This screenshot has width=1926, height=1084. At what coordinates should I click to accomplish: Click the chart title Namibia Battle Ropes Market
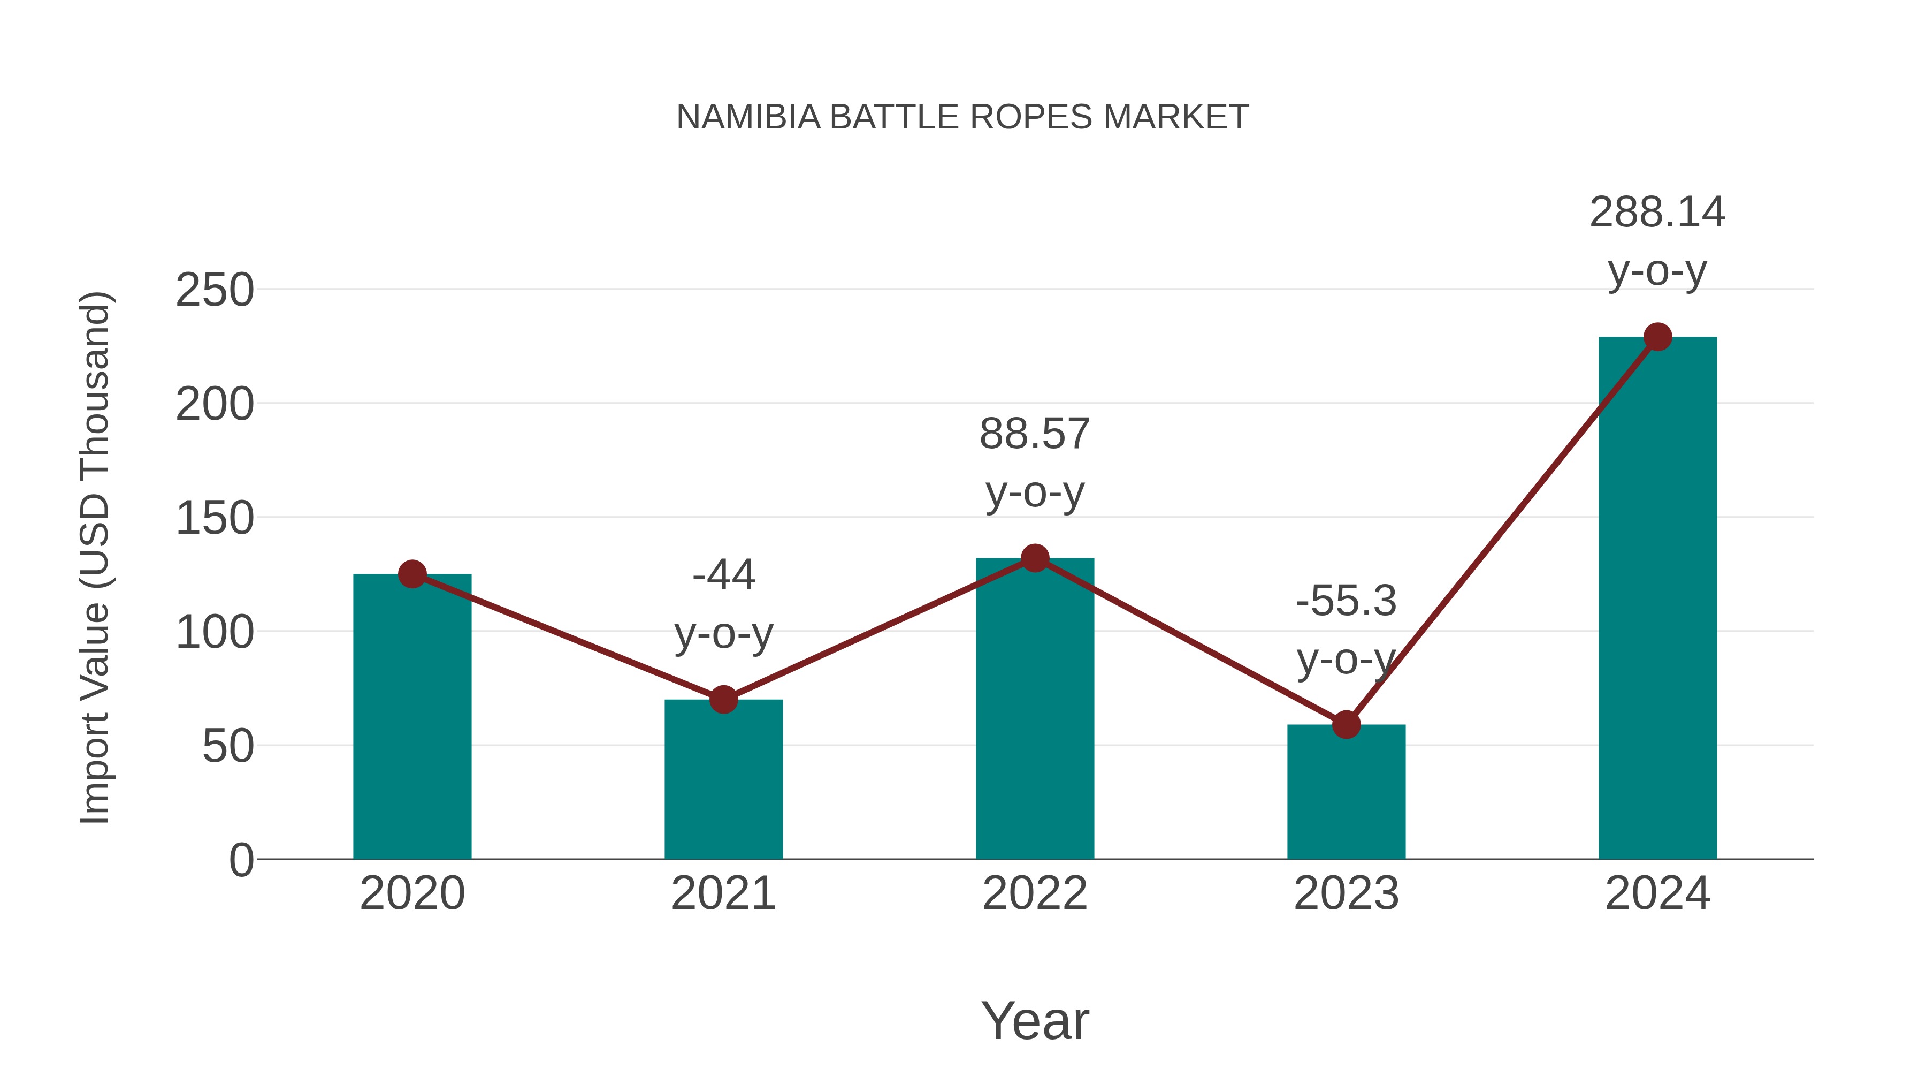[x=962, y=117]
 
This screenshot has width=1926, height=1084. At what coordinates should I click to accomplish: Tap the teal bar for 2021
[x=723, y=782]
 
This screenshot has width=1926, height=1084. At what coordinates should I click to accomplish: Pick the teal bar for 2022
[x=1035, y=711]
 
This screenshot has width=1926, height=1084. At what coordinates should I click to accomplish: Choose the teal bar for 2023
[x=1346, y=793]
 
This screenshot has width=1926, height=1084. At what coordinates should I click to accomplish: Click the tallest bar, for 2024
[x=1657, y=598]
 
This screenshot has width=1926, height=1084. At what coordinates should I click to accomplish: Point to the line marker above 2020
[x=412, y=574]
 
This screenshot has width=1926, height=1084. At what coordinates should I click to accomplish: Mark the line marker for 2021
[x=723, y=700]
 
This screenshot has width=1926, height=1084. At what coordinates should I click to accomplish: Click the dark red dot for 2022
[x=1035, y=558]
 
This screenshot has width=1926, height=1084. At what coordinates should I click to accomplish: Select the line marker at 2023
[x=1346, y=724]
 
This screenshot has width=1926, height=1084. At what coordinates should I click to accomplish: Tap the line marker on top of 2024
[x=1657, y=337]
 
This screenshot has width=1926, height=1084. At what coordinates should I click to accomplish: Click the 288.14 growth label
[x=1657, y=213]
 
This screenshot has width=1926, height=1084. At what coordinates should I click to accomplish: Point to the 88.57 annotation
[x=1035, y=434]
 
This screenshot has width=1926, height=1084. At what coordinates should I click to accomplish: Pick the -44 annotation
[x=723, y=575]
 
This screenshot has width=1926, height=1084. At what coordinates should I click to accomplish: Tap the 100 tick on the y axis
[x=215, y=633]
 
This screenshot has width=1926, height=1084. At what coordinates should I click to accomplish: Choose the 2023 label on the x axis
[x=1346, y=893]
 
